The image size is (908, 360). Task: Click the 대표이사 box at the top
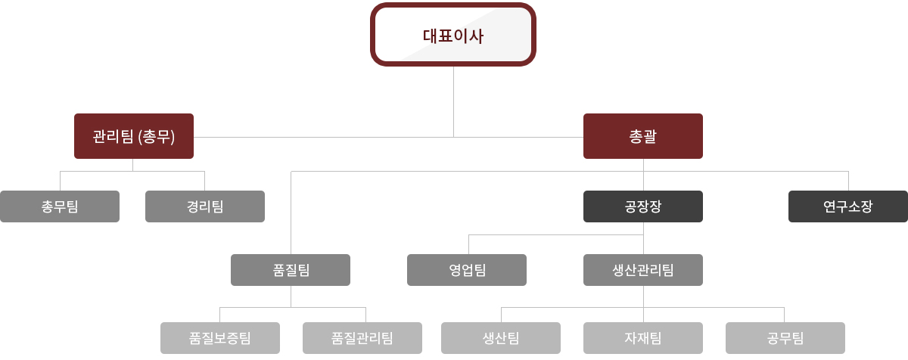tap(453, 35)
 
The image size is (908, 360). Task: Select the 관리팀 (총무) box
tap(134, 136)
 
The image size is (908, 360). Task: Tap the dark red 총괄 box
tap(643, 136)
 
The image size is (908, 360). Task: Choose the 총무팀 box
tap(60, 206)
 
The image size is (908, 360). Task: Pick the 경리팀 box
tap(205, 206)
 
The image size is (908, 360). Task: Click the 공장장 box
tap(643, 206)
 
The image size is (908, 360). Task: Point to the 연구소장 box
tap(848, 206)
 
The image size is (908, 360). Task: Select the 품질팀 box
tap(291, 270)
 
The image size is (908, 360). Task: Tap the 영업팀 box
tap(467, 270)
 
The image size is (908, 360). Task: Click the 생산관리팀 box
tap(643, 270)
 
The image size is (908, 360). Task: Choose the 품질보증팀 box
tap(220, 338)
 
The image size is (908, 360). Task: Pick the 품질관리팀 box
tap(362, 338)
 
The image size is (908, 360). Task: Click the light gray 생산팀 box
tap(501, 338)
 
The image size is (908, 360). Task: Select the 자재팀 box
tap(643, 338)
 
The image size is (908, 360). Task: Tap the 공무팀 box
tap(785, 338)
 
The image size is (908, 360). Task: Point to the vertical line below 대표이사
tap(454, 98)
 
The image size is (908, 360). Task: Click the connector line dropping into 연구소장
tap(848, 181)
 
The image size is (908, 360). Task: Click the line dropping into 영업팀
tap(468, 244)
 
